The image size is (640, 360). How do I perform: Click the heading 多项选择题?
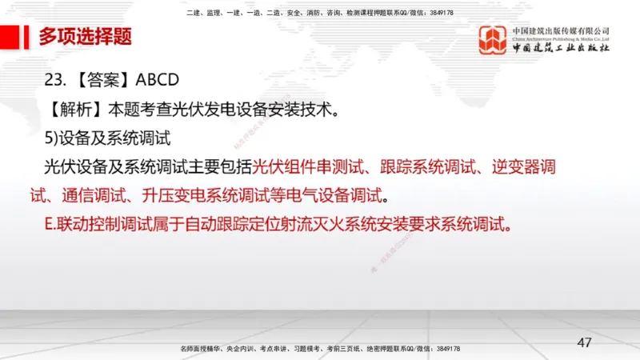(85, 37)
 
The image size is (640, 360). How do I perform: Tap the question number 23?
(54, 80)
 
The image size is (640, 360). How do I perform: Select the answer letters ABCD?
(158, 80)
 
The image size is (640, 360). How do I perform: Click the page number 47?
(585, 342)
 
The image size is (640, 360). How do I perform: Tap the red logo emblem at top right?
(492, 41)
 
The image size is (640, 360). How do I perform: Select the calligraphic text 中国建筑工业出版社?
(562, 49)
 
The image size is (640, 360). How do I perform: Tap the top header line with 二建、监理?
(319, 13)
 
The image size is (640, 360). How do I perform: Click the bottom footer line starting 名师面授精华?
(320, 350)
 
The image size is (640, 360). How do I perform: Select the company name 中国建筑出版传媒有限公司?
(560, 30)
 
